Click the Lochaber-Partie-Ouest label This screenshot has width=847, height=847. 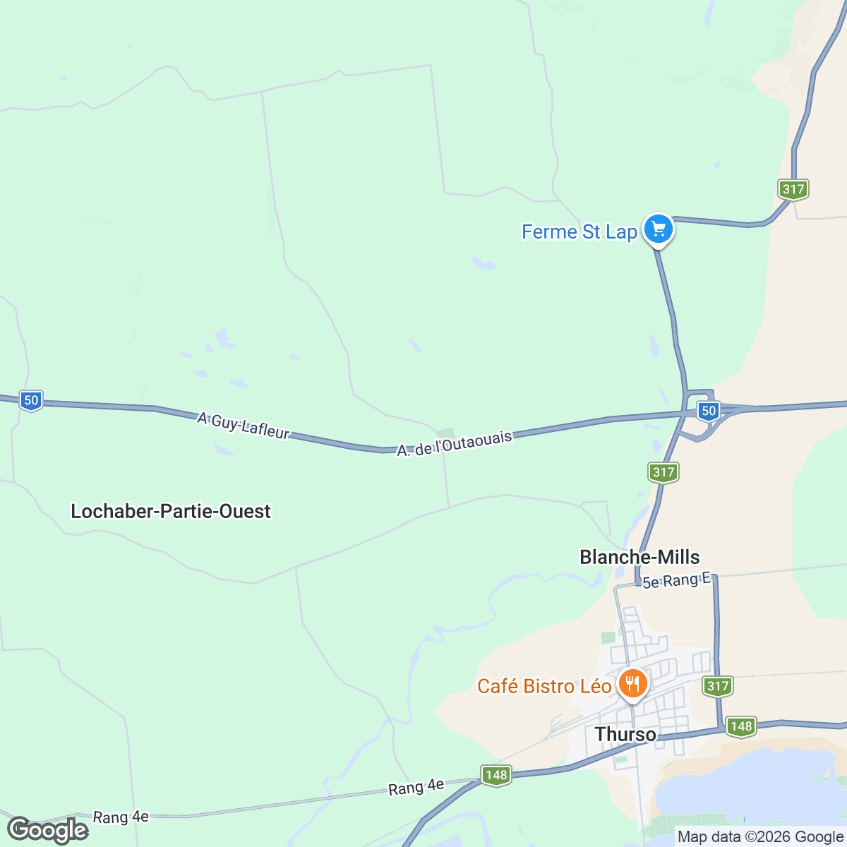pyautogui.click(x=171, y=511)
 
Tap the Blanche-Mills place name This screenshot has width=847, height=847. pyautogui.click(x=639, y=557)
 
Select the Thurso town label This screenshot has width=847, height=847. pyautogui.click(x=625, y=734)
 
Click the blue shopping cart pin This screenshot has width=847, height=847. pyautogui.click(x=659, y=229)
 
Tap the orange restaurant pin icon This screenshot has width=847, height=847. pyautogui.click(x=632, y=684)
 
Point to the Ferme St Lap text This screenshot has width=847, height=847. pyautogui.click(x=579, y=232)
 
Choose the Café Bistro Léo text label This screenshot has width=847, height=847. pyautogui.click(x=544, y=686)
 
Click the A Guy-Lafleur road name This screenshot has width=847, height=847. pyautogui.click(x=244, y=426)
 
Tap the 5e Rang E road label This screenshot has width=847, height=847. pyautogui.click(x=676, y=581)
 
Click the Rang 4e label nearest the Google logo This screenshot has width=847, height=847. pyautogui.click(x=121, y=817)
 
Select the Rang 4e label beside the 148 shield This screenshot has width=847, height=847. pyautogui.click(x=416, y=786)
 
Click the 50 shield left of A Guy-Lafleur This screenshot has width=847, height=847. pyautogui.click(x=30, y=400)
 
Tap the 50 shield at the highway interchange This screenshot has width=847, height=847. pyautogui.click(x=708, y=411)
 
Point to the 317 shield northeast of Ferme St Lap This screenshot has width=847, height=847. pyautogui.click(x=793, y=189)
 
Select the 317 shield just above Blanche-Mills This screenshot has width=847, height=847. pyautogui.click(x=663, y=472)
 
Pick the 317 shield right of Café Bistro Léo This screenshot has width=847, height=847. pyautogui.click(x=717, y=685)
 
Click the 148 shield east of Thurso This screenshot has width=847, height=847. pyautogui.click(x=741, y=726)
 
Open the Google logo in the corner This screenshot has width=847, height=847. pyautogui.click(x=48, y=830)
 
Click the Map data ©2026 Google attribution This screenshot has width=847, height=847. pyautogui.click(x=760, y=837)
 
